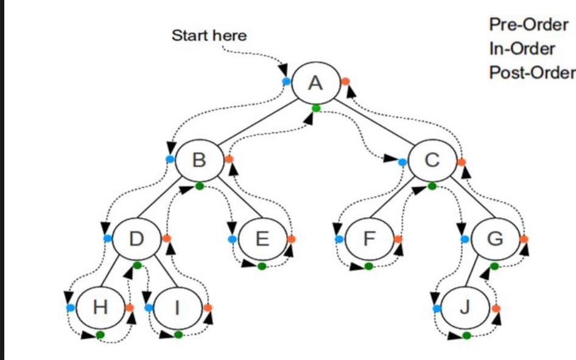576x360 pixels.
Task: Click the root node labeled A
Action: [315, 82]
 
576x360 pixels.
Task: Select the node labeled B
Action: [199, 160]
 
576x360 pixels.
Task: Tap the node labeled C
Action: [432, 160]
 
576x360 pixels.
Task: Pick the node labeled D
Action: [136, 239]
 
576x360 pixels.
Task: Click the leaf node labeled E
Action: [261, 239]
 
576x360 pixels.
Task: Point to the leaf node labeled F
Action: [368, 239]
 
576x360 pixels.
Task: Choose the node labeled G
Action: [496, 239]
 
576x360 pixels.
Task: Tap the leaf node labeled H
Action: [100, 308]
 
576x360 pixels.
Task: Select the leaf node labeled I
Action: [177, 308]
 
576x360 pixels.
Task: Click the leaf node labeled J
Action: [465, 308]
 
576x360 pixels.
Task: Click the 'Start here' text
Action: [209, 36]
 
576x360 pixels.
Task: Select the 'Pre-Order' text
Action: [529, 26]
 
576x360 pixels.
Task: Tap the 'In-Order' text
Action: [522, 49]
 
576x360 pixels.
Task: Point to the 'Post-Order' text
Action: [532, 72]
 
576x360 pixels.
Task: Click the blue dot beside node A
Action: [286, 81]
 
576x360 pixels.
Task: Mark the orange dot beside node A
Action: [345, 81]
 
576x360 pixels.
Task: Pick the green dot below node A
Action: [315, 108]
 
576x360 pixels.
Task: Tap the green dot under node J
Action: [466, 335]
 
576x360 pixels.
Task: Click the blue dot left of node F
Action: [339, 239]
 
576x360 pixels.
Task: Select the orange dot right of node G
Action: [524, 239]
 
